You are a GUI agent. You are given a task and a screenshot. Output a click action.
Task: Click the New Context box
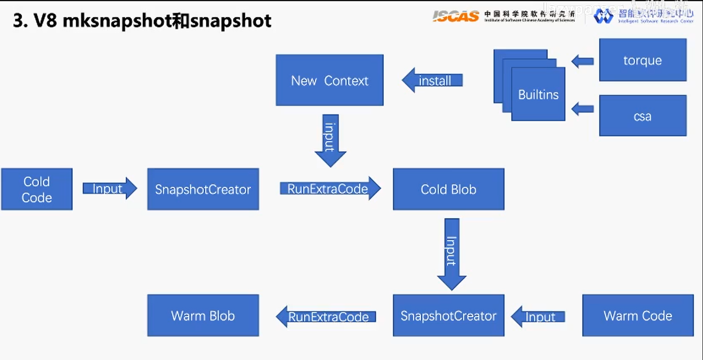click(329, 80)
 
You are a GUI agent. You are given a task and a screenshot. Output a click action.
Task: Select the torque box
click(642, 60)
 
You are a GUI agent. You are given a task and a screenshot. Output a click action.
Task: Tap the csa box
click(642, 116)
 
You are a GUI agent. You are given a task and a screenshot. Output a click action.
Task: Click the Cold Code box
click(37, 189)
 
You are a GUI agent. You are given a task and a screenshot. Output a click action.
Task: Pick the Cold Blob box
click(448, 189)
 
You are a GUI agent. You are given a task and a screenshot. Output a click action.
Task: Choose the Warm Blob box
click(203, 315)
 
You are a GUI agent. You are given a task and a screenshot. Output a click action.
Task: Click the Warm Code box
click(638, 315)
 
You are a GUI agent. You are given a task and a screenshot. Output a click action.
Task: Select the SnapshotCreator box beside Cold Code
click(203, 189)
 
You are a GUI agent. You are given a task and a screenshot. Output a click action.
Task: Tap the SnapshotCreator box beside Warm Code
click(448, 315)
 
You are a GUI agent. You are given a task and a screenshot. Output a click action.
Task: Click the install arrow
click(433, 80)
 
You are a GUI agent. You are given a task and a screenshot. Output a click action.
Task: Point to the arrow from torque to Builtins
click(583, 61)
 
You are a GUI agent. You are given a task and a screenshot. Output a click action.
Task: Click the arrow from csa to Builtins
click(583, 109)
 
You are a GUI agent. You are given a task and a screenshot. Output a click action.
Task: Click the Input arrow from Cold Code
click(109, 188)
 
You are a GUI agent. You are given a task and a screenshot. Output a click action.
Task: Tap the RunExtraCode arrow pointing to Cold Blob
click(329, 188)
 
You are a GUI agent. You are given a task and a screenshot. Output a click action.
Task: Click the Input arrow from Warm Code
click(538, 317)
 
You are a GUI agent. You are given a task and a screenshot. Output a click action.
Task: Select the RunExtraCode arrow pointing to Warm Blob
click(326, 317)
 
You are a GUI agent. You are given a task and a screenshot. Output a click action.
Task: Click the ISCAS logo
click(455, 16)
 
